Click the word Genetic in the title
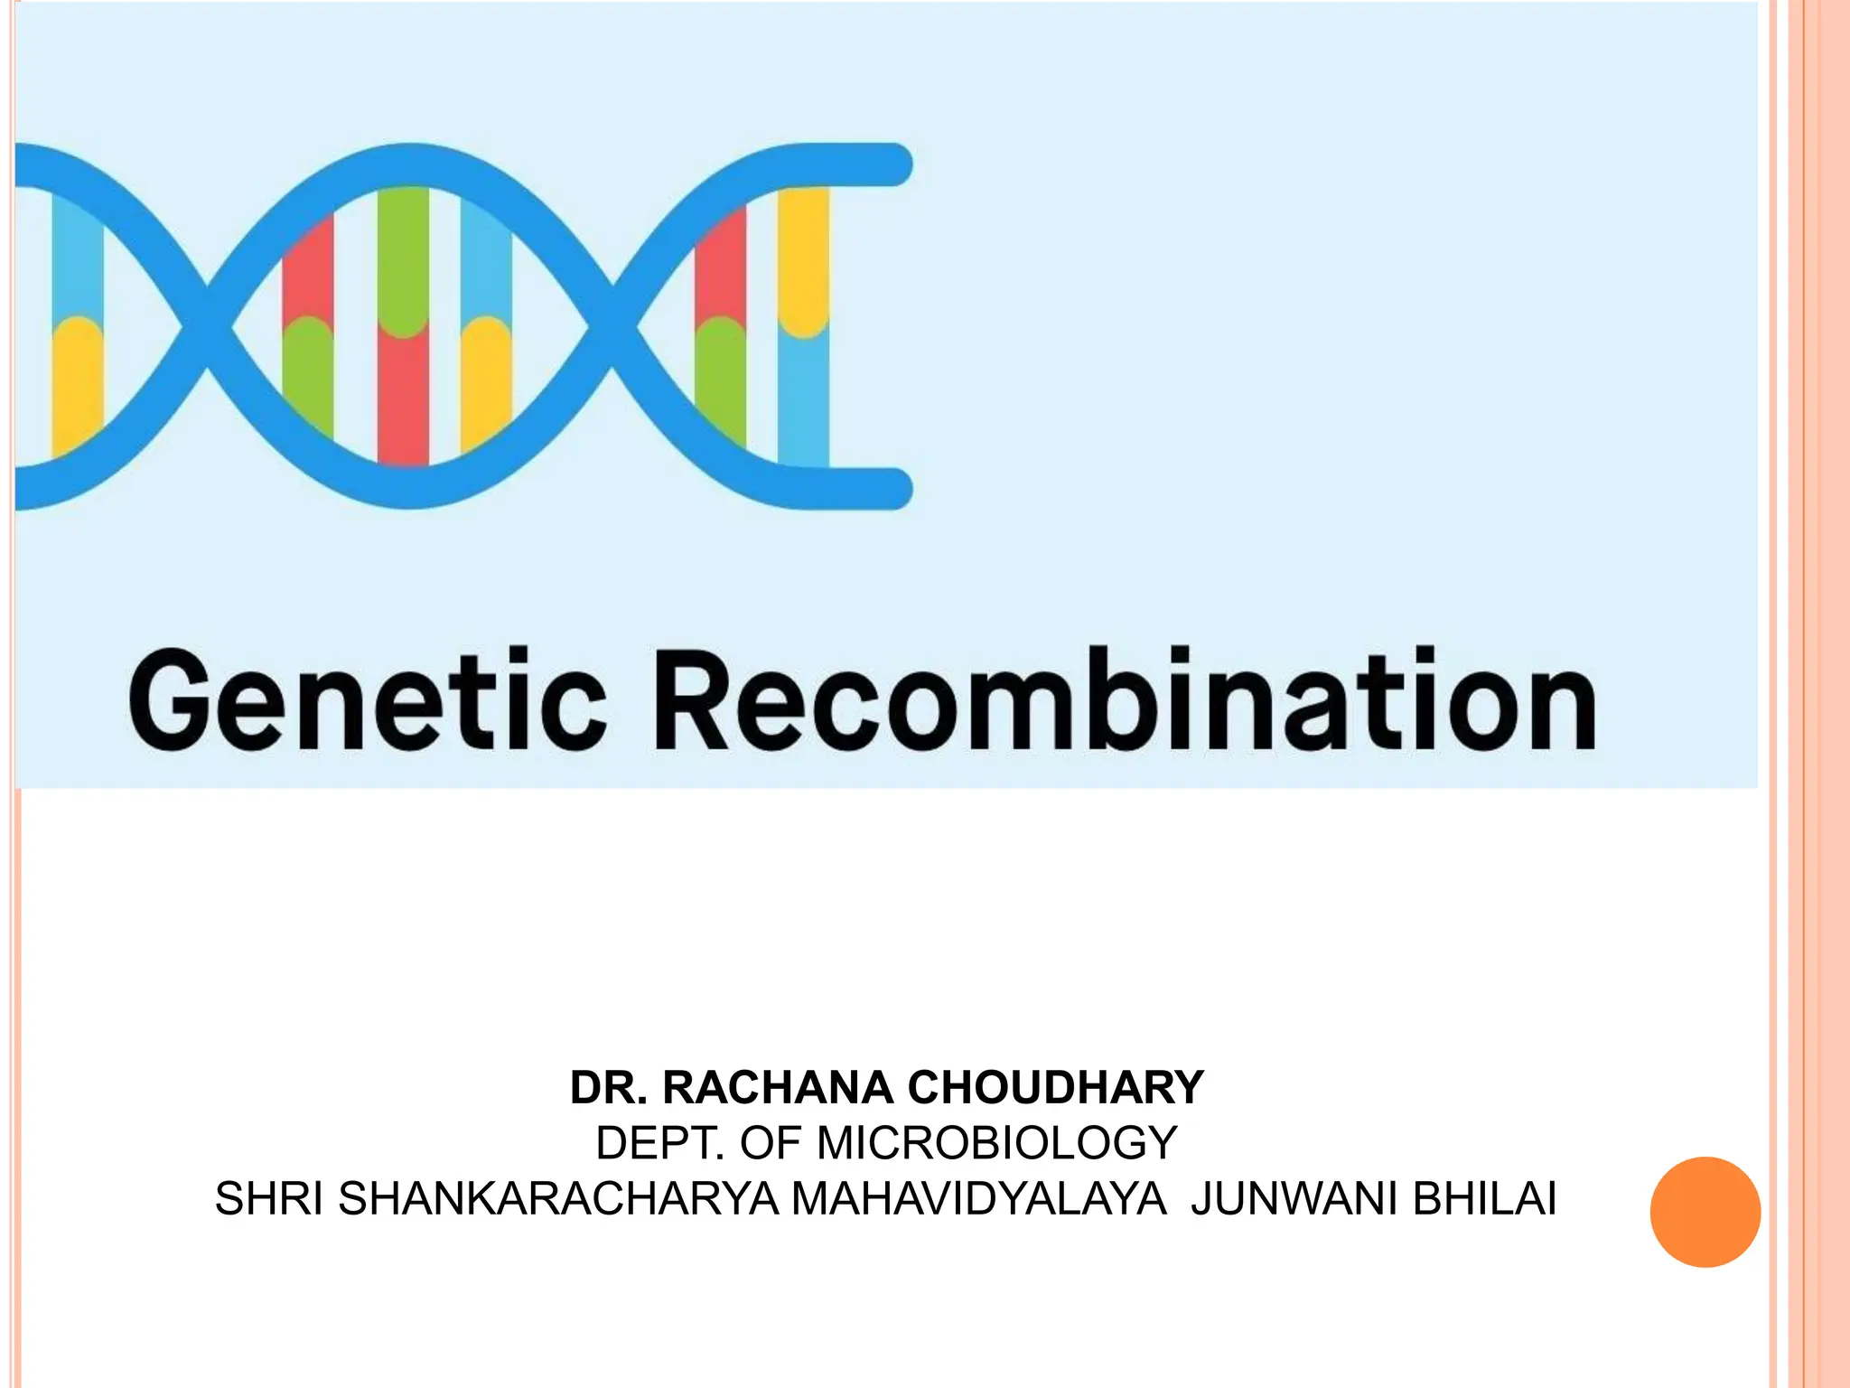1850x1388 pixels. pyautogui.click(x=367, y=700)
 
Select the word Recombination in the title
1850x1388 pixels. pyautogui.click(x=1124, y=700)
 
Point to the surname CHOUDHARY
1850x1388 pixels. pyautogui.click(x=1055, y=1087)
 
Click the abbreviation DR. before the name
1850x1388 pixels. pyautogui.click(x=609, y=1087)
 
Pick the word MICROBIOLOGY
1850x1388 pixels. pyautogui.click(x=996, y=1143)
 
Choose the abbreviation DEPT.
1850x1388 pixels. pyautogui.click(x=660, y=1143)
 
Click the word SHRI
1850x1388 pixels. pyautogui.click(x=268, y=1199)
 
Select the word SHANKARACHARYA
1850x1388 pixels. pyautogui.click(x=558, y=1199)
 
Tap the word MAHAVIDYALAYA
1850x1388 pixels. pyautogui.click(x=978, y=1199)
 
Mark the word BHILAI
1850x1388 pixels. pyautogui.click(x=1484, y=1199)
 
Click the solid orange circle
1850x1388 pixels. pyautogui.click(x=1705, y=1212)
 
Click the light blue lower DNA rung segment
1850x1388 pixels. pyautogui.click(x=803, y=398)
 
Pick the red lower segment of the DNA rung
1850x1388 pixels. pyautogui.click(x=403, y=398)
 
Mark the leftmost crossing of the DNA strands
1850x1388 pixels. pyautogui.click(x=207, y=326)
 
